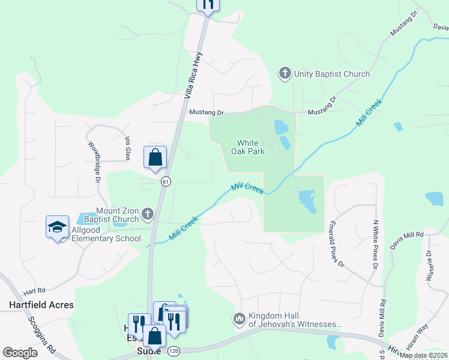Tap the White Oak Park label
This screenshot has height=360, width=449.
tap(247, 147)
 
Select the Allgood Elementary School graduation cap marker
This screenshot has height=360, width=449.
tap(58, 227)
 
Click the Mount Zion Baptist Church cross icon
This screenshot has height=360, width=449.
tap(148, 213)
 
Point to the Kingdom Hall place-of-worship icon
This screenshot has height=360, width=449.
tap(240, 317)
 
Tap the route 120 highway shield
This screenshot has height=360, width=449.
tap(173, 350)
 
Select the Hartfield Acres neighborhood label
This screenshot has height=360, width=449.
tap(41, 305)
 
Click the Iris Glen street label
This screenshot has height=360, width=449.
tap(127, 147)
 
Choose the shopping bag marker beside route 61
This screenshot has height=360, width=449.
tap(155, 157)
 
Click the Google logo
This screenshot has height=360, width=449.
tap(20, 353)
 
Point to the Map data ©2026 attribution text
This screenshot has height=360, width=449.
tap(424, 355)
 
